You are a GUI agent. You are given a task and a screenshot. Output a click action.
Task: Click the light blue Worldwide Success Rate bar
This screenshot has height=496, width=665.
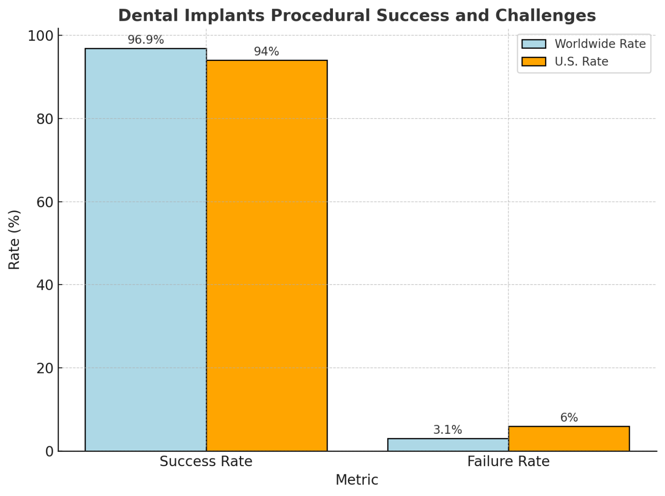click(x=145, y=250)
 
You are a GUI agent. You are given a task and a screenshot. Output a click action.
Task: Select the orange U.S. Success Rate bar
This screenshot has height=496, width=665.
click(x=267, y=256)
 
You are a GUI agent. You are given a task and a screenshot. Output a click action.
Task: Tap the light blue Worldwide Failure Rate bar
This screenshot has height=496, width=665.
click(x=448, y=445)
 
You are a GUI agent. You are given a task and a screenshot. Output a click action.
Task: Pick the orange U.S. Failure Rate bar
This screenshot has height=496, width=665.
click(x=569, y=438)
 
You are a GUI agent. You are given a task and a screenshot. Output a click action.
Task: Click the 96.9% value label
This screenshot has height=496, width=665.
click(x=145, y=40)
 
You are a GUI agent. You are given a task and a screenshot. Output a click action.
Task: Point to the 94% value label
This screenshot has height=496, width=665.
click(x=266, y=51)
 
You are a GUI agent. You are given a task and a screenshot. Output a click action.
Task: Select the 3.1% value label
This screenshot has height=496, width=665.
click(x=448, y=430)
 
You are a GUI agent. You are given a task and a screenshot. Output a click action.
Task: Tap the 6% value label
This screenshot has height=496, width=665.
click(x=569, y=418)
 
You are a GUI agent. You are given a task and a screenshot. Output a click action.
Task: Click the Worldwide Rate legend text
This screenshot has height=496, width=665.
click(x=600, y=44)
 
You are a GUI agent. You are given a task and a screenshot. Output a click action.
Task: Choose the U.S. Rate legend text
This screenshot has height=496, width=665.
click(x=581, y=62)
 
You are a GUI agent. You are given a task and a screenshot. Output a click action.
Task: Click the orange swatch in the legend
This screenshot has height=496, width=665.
click(x=533, y=62)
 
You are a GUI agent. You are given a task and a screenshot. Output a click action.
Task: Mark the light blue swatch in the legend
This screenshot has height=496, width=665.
click(x=533, y=44)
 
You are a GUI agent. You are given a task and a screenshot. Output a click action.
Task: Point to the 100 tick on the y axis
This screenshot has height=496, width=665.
click(x=41, y=35)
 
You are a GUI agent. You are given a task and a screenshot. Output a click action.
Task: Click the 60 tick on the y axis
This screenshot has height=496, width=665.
click(x=45, y=202)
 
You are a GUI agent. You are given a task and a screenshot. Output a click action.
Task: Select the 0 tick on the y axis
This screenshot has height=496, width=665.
click(x=49, y=451)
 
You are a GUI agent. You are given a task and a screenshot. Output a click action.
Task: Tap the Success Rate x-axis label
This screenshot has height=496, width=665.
click(x=206, y=461)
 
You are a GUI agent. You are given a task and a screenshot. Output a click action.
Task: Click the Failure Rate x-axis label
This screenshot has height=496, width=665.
click(x=508, y=461)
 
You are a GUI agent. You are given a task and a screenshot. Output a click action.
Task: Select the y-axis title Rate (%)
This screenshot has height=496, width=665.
click(x=14, y=240)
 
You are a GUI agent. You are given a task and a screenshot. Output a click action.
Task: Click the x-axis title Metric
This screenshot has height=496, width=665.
click(x=357, y=480)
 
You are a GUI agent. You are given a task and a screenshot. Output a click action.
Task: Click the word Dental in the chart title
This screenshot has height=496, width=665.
click(x=148, y=16)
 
